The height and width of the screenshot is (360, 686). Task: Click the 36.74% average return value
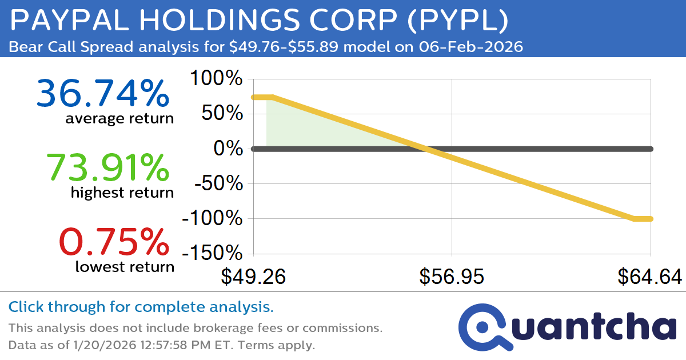(103, 94)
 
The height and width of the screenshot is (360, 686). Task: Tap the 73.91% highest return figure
(107, 167)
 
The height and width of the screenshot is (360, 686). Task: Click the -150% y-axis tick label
(212, 253)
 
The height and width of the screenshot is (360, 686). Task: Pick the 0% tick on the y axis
(228, 149)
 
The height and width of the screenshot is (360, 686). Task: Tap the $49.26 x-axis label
(253, 277)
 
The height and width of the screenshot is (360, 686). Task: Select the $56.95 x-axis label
(452, 277)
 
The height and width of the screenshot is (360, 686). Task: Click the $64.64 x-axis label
(650, 277)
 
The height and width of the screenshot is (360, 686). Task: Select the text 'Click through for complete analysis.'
(141, 307)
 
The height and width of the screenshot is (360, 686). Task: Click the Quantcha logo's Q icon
(484, 327)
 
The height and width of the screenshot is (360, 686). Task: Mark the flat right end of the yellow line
(643, 218)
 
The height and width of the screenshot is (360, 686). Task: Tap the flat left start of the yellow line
(262, 97)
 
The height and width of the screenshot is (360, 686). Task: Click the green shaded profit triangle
(309, 129)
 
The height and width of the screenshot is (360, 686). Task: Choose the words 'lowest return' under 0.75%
(124, 266)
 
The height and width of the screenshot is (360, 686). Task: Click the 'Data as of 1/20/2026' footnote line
(161, 345)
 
